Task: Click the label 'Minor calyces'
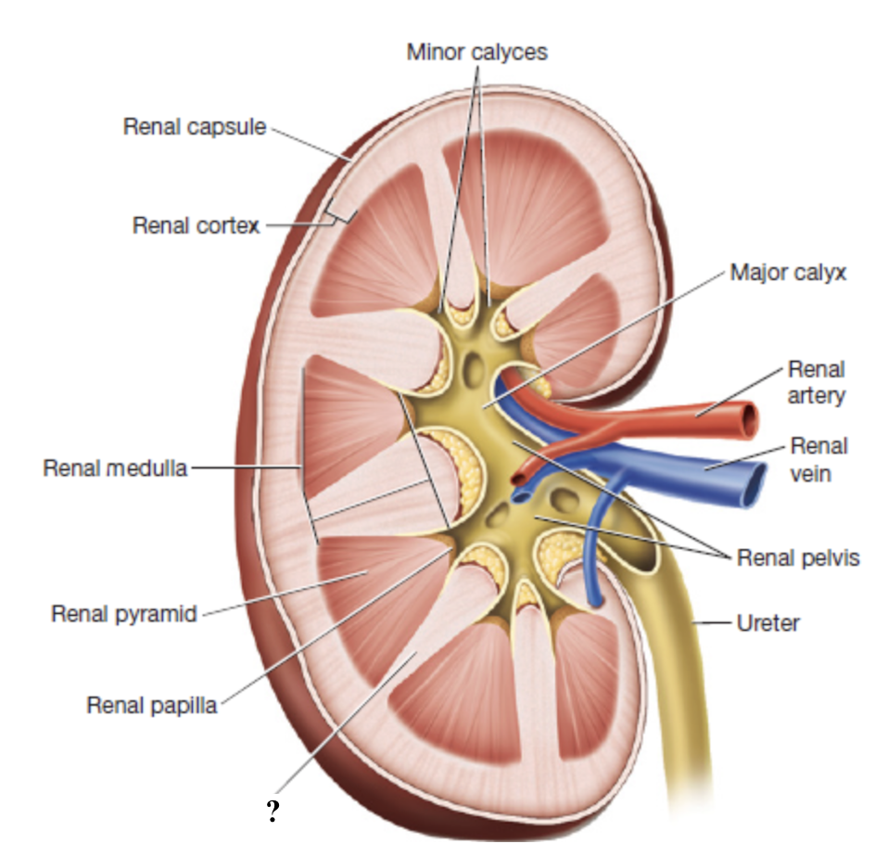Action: coord(476,52)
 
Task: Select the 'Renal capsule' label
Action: coord(195,126)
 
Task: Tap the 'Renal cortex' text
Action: coord(196,224)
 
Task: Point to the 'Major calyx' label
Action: coord(787,274)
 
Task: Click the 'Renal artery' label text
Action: coord(816,382)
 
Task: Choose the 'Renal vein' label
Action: coord(818,460)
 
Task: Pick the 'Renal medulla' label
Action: coord(114,468)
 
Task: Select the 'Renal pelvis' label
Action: coord(798,557)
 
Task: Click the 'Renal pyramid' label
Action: coord(123,613)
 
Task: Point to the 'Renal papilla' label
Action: coord(151,705)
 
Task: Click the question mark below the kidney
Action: coord(273,813)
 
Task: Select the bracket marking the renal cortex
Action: coord(339,215)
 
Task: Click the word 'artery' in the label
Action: coord(816,395)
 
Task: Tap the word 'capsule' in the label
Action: coord(231,126)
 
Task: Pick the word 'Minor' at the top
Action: coord(436,52)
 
